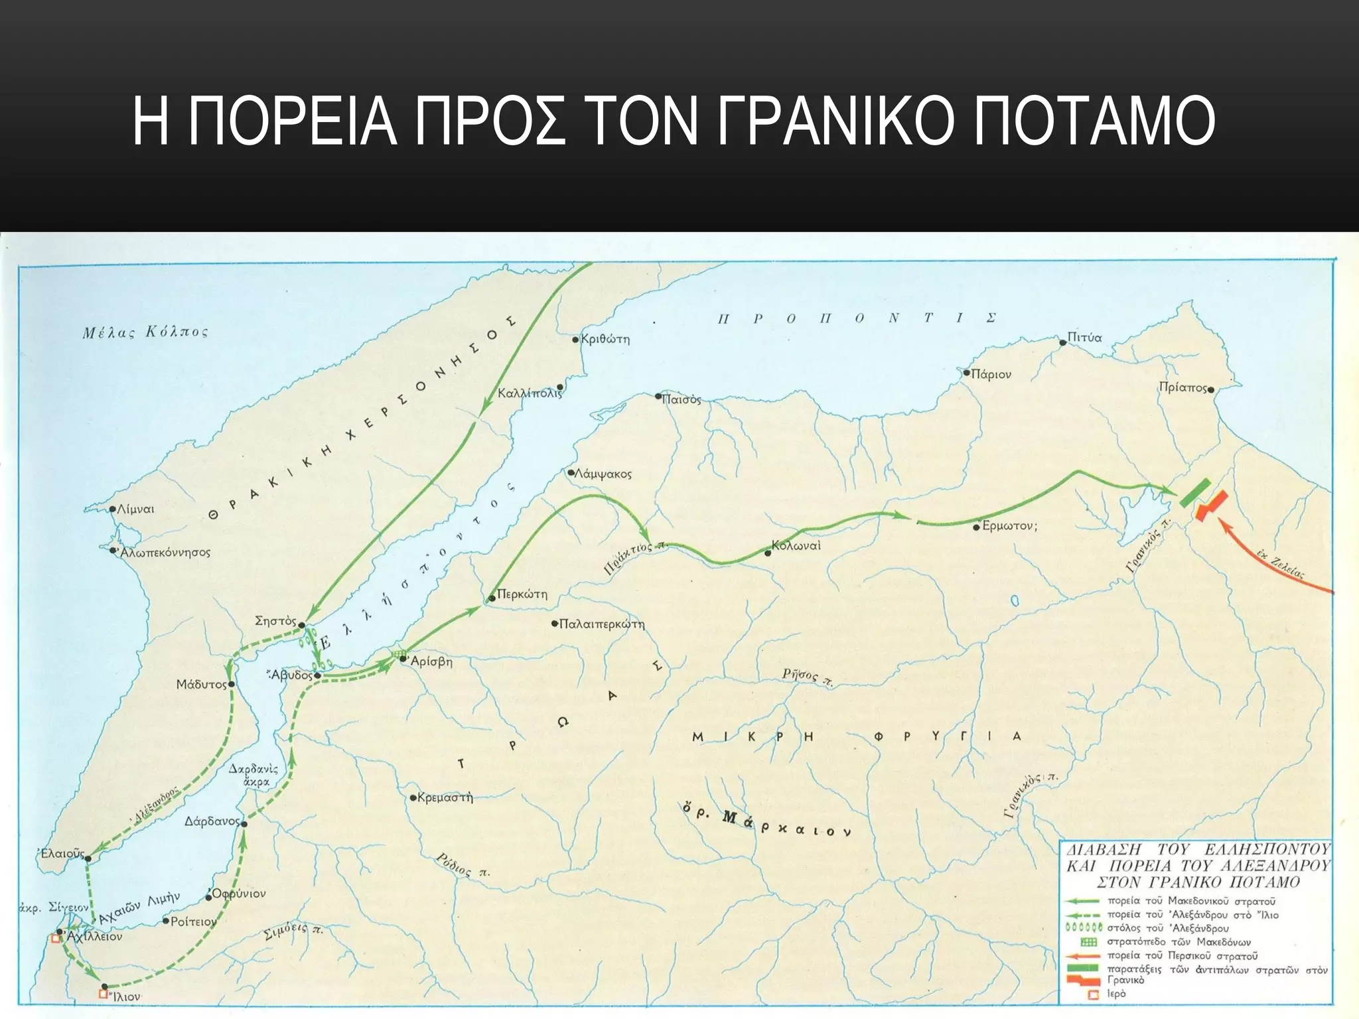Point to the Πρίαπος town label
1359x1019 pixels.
(x=1182, y=388)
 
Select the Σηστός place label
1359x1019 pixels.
(x=275, y=621)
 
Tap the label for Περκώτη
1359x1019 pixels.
(x=522, y=594)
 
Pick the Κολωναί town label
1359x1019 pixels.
(x=796, y=546)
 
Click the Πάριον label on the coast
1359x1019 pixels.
(x=991, y=375)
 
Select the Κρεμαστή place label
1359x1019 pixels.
(x=445, y=797)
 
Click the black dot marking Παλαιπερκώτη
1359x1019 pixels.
(x=555, y=624)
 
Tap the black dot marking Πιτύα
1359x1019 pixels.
(x=1062, y=342)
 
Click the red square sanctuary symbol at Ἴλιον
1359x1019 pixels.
(x=103, y=993)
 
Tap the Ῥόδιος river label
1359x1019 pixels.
(x=463, y=865)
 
